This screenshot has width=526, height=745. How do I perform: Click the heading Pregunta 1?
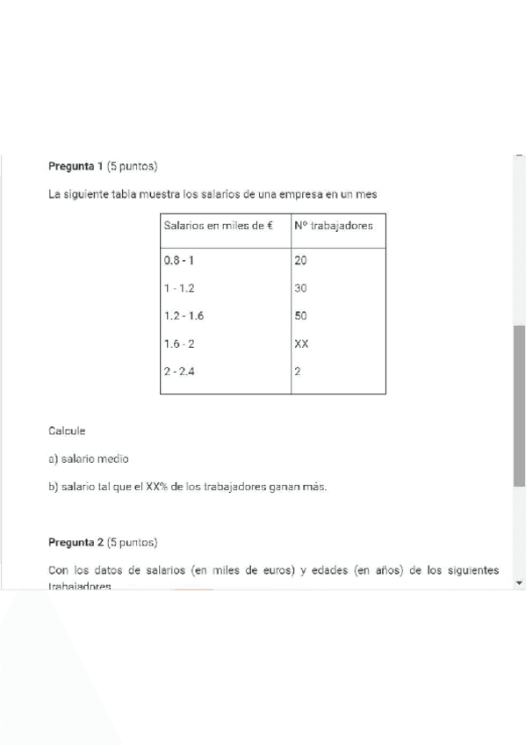76,166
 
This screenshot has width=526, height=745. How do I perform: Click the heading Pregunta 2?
76,542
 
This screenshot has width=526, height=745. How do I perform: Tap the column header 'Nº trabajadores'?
334,226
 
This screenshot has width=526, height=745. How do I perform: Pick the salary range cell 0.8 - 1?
181,261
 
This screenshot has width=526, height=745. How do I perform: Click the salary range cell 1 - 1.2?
181,288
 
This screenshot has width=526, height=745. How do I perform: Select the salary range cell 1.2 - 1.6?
184,315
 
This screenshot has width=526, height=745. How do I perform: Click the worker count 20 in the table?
301,261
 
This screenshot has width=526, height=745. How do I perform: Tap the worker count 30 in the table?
301,288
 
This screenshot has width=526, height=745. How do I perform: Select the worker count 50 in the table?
301,315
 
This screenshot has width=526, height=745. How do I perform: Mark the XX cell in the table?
302,344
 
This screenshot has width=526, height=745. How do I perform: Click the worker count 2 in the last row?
298,372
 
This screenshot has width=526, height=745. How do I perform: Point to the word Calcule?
68,430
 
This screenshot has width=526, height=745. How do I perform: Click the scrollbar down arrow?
519,582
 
